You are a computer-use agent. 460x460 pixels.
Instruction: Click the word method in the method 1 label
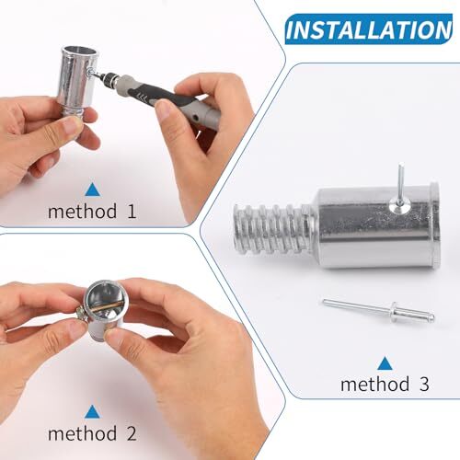click(x=82, y=212)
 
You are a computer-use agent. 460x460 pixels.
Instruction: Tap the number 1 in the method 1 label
click(x=131, y=212)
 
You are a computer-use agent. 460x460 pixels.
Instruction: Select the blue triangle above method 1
click(x=92, y=190)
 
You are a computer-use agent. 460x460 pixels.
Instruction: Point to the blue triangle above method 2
click(x=92, y=411)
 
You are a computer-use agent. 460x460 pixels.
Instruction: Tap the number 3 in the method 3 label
click(x=424, y=385)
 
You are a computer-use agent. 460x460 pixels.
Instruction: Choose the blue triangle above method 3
click(x=384, y=362)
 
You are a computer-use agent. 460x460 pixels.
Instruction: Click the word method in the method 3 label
click(x=374, y=385)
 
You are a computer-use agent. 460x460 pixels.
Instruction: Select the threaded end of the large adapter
click(x=267, y=230)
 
